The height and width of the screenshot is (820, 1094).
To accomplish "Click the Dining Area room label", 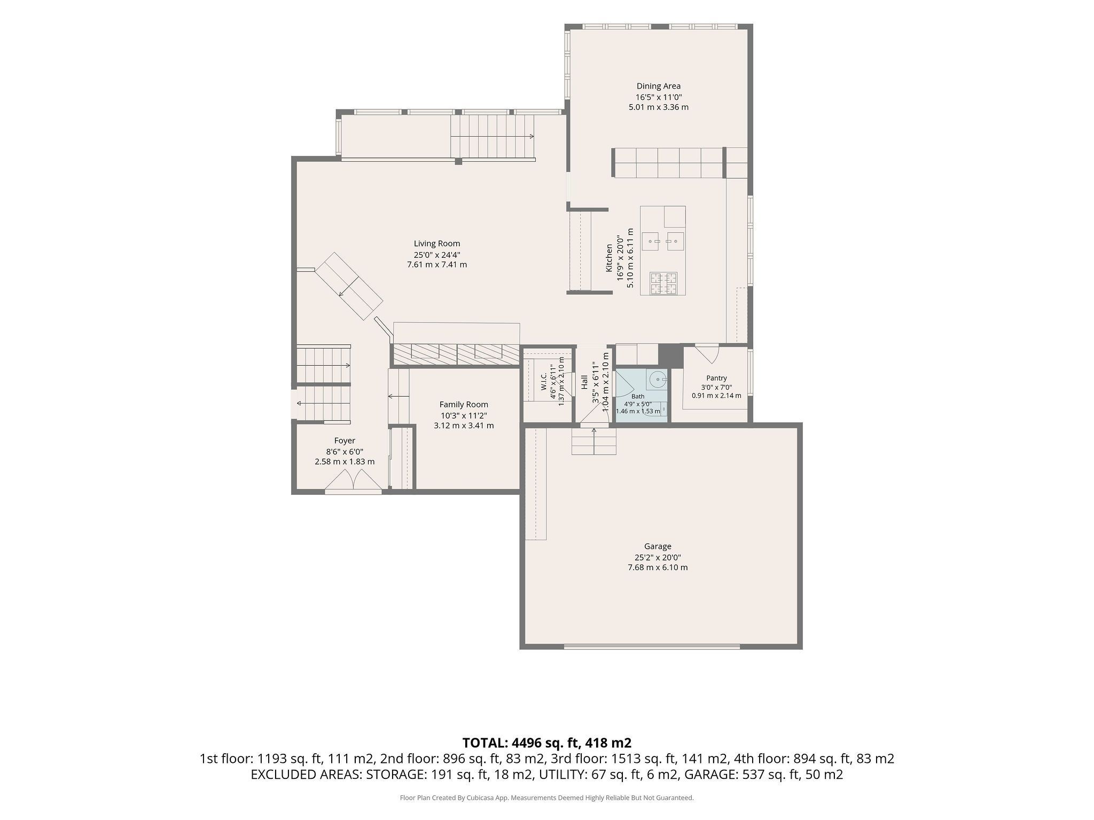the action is coord(658,86).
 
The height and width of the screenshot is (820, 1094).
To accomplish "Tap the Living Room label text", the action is coord(437,244).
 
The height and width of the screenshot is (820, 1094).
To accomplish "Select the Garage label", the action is coord(658,546).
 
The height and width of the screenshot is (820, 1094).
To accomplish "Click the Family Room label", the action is coord(464,405).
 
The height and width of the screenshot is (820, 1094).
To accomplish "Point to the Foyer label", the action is coord(345,440).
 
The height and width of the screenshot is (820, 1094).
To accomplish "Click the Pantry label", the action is coord(716,378).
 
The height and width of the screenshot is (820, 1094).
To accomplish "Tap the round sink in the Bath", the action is coord(657,380).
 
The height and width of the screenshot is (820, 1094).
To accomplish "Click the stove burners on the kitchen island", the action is coord(663,283).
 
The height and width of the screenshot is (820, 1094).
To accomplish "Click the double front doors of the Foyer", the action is coord(353,480).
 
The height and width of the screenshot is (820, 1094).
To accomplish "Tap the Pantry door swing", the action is coord(708,354).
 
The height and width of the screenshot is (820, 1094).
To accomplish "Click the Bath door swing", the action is coord(624,383).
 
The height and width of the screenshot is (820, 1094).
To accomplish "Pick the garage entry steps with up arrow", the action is coord(594,441).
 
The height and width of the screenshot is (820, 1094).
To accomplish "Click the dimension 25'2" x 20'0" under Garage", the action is coord(658,557).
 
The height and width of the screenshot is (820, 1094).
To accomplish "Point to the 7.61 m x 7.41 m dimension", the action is coord(437,264).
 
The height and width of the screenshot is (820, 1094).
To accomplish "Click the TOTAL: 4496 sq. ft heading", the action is coord(547,743).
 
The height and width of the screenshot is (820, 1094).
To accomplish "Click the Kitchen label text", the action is coord(609,258).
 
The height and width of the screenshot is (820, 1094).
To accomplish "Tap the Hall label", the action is coord(584,382).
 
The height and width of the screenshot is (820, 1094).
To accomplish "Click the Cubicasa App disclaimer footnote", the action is coord(547,798).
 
